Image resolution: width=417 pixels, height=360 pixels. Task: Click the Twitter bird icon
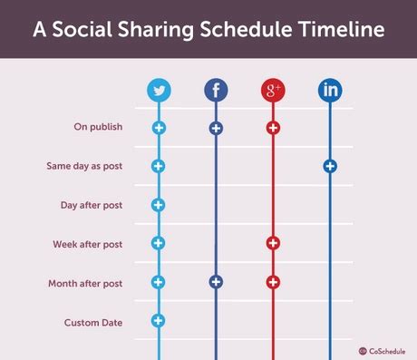coord(160,90)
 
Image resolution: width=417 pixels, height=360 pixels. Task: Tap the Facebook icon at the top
coord(216,90)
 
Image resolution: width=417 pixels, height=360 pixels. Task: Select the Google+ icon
coord(273,90)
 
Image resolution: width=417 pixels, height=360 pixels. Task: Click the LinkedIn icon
coord(330,90)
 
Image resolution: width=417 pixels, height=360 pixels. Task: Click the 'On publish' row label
coord(98,127)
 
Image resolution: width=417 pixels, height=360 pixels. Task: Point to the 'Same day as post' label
coord(84,166)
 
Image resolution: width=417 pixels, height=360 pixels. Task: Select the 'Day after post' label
coord(92,205)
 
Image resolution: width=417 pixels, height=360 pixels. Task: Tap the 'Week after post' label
coord(88,244)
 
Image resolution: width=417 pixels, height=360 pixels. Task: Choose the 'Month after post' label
coord(85,283)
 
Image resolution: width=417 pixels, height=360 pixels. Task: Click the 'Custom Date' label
coord(93,322)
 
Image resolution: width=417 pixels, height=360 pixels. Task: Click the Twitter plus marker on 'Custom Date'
coord(159,320)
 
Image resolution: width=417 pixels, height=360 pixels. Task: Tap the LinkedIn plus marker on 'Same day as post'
coord(330,166)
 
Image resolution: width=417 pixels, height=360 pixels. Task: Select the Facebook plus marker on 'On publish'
coord(216,128)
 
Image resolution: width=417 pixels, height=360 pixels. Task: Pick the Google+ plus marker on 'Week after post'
coord(273,243)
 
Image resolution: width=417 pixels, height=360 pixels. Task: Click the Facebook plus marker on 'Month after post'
coord(216,282)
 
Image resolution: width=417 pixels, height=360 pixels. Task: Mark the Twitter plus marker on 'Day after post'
coord(159,205)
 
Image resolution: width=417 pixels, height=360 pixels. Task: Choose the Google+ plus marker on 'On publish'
coord(273,128)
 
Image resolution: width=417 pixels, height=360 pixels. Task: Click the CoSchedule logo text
coord(389,350)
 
